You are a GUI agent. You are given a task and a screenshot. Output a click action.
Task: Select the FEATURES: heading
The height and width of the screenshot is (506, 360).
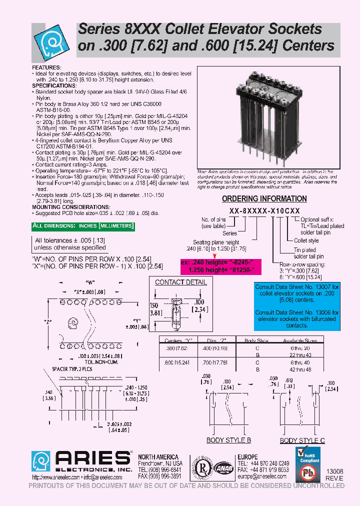(x=46, y=67)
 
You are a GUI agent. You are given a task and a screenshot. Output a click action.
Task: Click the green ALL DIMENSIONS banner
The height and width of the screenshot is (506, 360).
(x=83, y=226)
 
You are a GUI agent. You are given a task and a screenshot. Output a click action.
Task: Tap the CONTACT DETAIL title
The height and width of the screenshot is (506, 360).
(x=180, y=282)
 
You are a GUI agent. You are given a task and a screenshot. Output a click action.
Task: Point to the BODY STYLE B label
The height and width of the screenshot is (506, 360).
(x=228, y=440)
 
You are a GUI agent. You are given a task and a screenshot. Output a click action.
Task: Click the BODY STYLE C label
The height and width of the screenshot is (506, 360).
(x=302, y=440)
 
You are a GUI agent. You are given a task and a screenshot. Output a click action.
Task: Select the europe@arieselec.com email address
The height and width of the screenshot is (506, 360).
(x=262, y=476)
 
